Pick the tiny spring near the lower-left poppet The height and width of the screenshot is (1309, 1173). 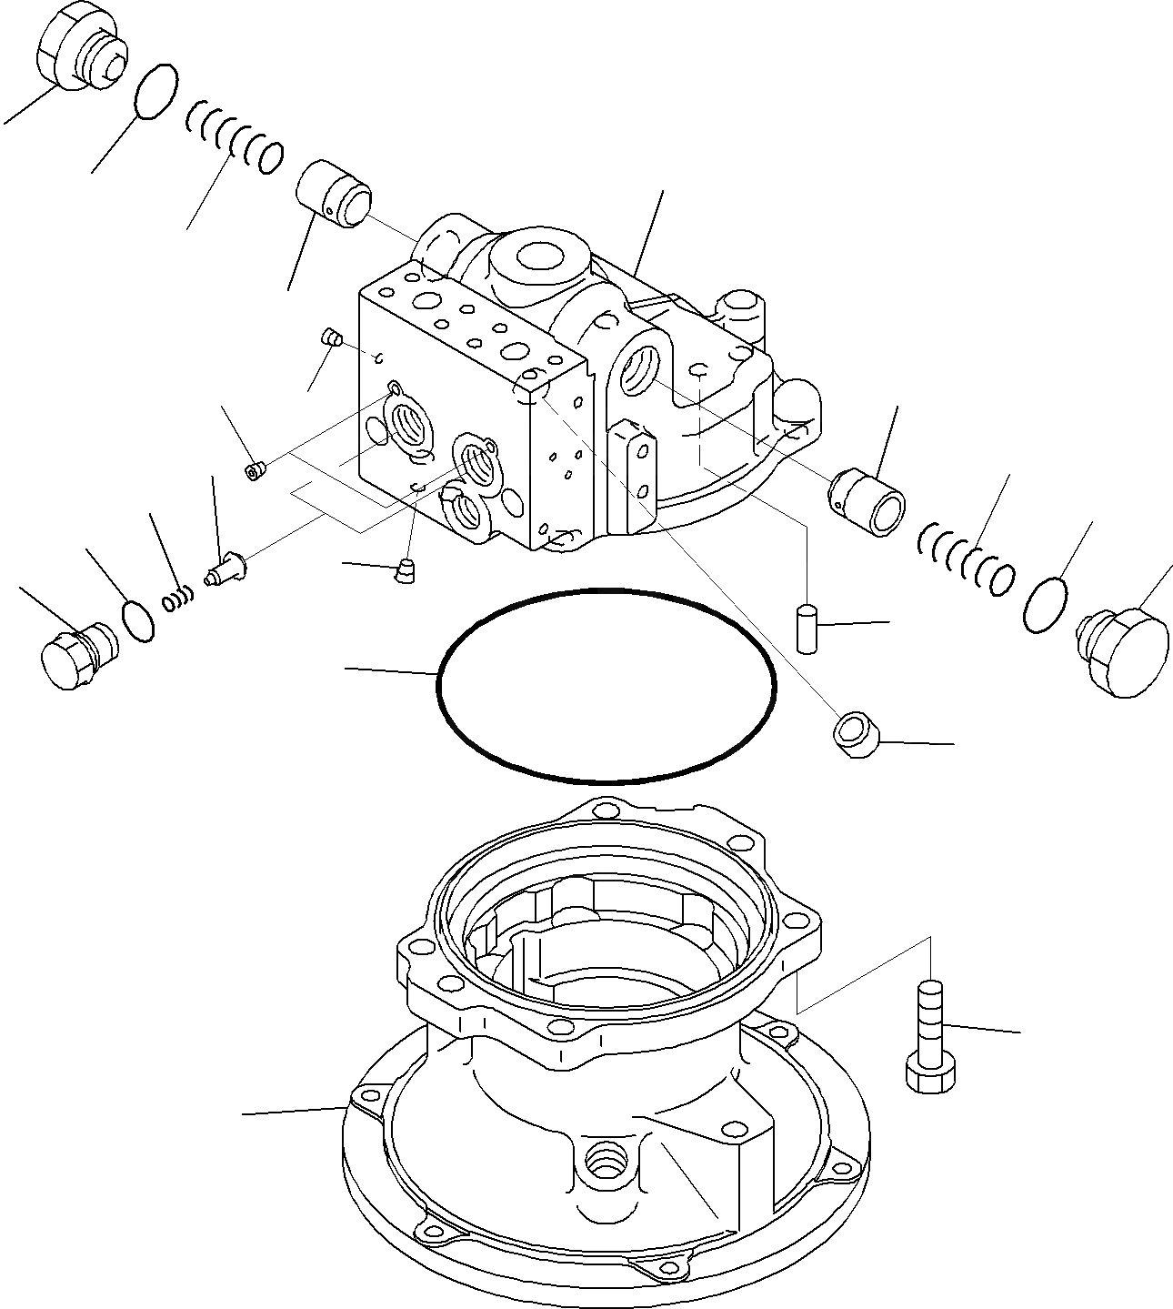178,599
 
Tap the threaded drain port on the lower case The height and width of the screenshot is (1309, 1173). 604,1161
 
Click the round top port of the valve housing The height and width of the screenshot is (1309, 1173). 538,256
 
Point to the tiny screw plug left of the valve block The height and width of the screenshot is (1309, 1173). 256,469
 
